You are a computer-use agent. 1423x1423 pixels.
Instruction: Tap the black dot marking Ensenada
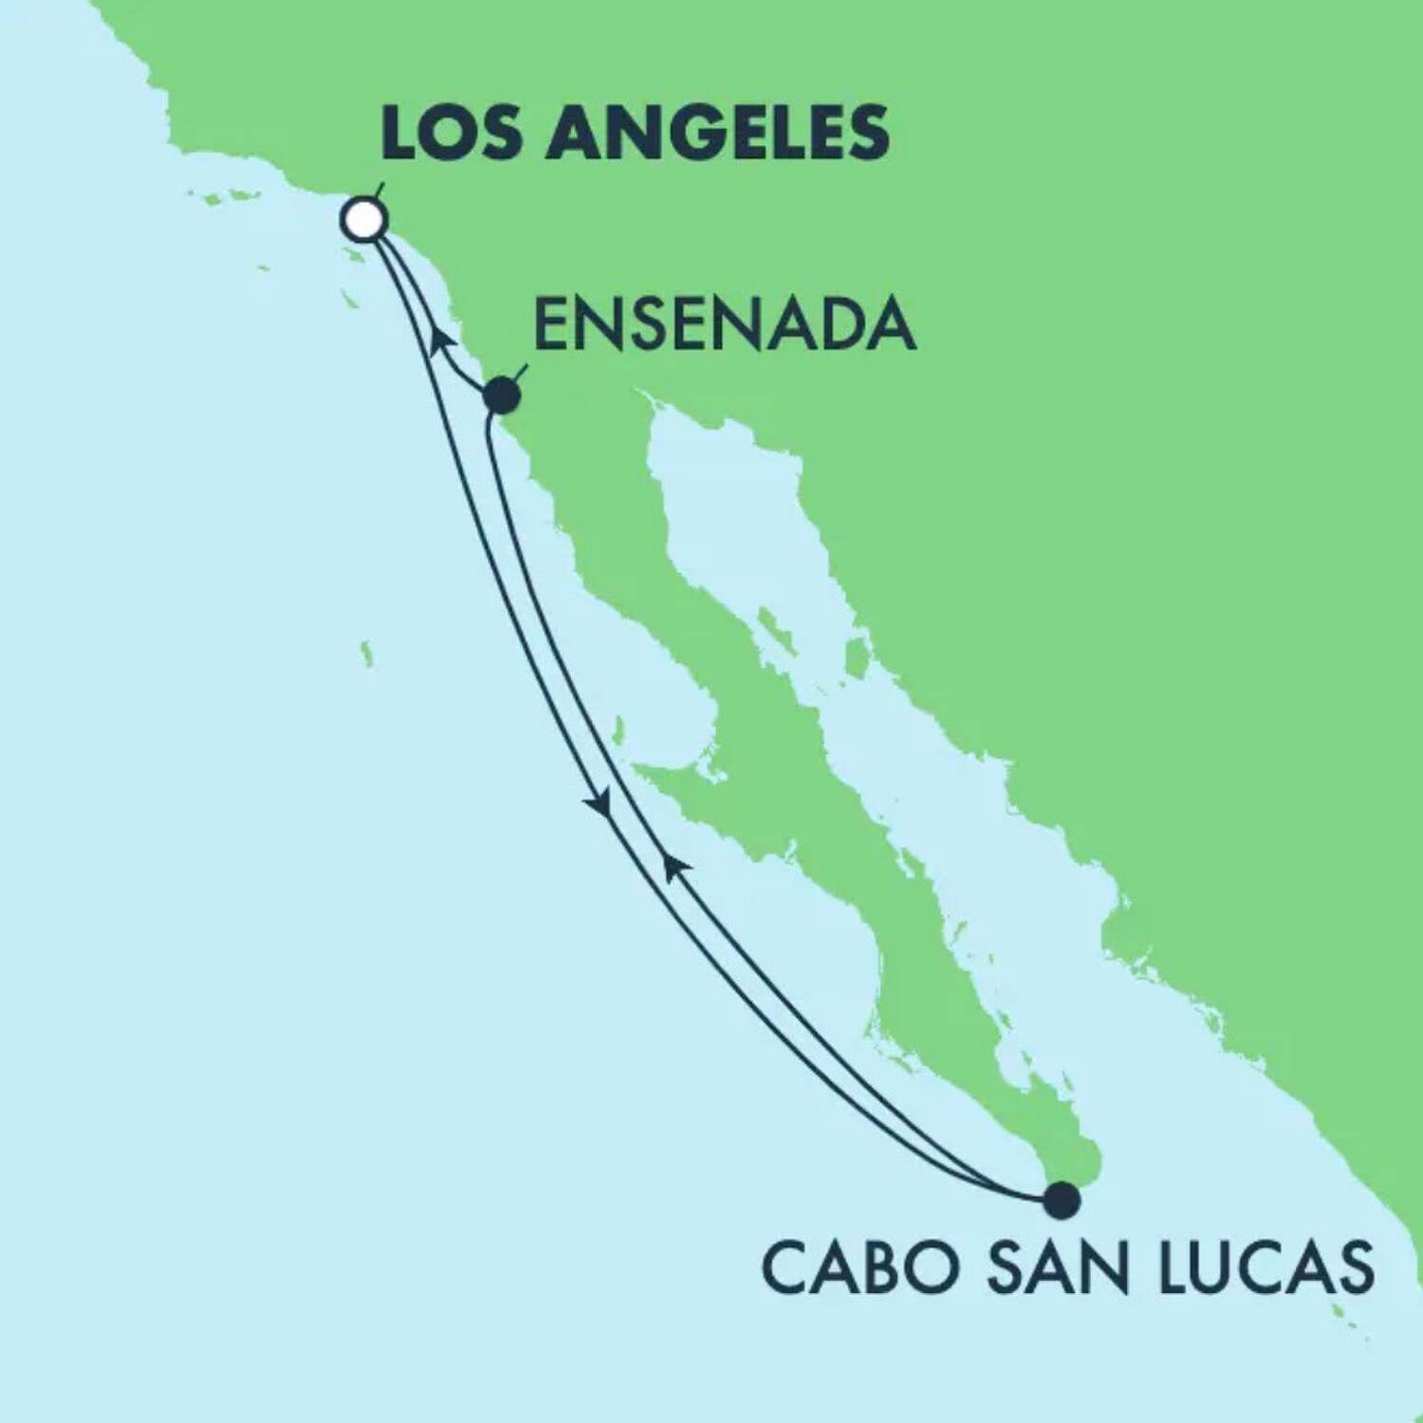(x=502, y=396)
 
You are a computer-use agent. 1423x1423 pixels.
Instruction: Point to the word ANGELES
(x=715, y=133)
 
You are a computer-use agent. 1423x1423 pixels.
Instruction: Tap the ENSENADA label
(x=725, y=325)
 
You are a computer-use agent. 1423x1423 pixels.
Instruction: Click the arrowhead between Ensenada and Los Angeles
(x=439, y=339)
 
